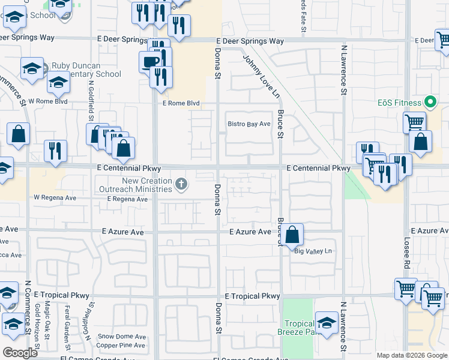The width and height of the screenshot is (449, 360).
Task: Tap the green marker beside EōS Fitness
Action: point(429,102)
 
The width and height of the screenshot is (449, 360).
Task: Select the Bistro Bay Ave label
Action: point(249,124)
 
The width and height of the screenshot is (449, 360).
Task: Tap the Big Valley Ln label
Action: point(313,251)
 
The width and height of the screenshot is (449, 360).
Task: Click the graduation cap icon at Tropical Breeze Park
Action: point(327,323)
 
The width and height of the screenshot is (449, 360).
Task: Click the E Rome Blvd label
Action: point(180,103)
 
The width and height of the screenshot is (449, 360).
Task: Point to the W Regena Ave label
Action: point(55,197)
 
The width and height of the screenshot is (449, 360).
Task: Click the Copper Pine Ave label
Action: point(121,345)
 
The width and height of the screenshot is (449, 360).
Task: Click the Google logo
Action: point(20,352)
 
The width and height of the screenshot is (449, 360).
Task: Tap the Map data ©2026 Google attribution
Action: point(411,355)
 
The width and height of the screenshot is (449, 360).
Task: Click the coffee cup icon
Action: point(149,61)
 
